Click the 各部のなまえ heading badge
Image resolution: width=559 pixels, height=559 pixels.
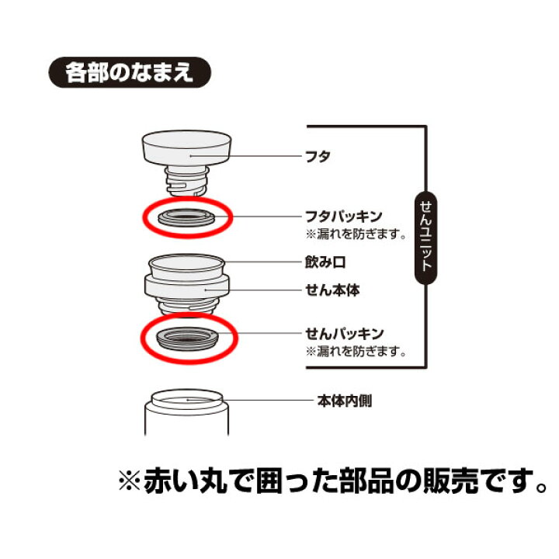pos(129,75)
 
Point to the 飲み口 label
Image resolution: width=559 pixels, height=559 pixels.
pos(323,265)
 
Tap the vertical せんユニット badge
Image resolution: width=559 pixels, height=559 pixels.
pos(425,240)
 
